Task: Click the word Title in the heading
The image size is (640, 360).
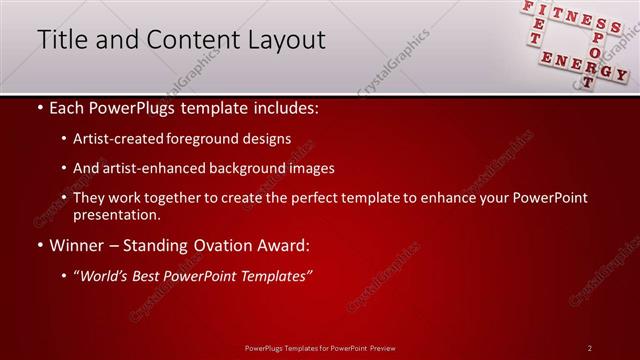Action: click(63, 40)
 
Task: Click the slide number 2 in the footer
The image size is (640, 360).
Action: click(589, 347)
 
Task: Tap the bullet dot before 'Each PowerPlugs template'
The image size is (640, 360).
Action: click(39, 107)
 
